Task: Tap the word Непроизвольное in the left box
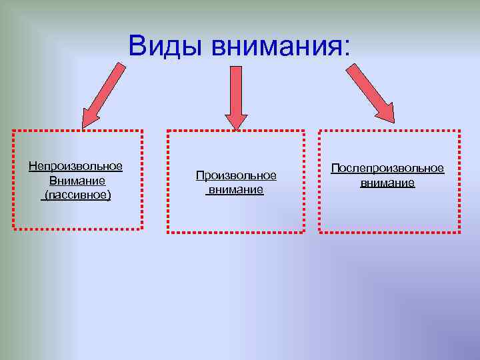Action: pyautogui.click(x=75, y=166)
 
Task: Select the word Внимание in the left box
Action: pyautogui.click(x=77, y=181)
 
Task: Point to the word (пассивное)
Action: pyautogui.click(x=76, y=195)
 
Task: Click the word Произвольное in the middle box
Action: pyautogui.click(x=236, y=175)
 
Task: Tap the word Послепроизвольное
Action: pyautogui.click(x=387, y=168)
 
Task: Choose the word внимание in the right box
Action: pyautogui.click(x=387, y=182)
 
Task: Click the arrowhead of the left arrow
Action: pyautogui.click(x=89, y=118)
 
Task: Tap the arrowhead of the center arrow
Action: pyautogui.click(x=235, y=120)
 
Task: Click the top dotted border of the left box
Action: pyautogui.click(x=77, y=131)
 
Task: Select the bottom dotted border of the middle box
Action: pyautogui.click(x=235, y=233)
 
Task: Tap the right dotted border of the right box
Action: pyautogui.click(x=459, y=181)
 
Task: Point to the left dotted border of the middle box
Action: pyautogui.click(x=167, y=181)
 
